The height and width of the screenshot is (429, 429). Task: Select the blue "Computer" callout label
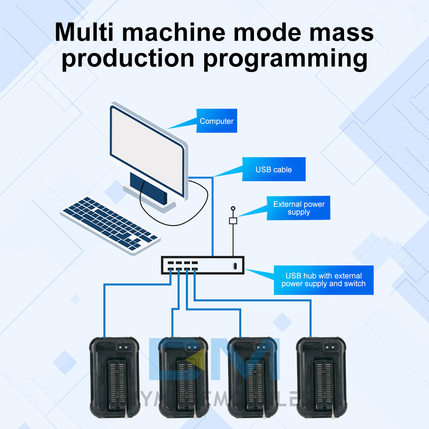[x=217, y=121]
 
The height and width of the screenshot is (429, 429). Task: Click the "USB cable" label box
[x=274, y=169]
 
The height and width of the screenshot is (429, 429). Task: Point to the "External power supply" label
[x=299, y=208]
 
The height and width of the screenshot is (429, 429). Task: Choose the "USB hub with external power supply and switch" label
[x=323, y=280]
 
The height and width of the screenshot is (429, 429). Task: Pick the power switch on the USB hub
[x=234, y=266]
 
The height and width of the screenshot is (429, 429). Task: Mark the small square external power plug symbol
[x=233, y=221]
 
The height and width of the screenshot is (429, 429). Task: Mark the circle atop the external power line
[x=233, y=208]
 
